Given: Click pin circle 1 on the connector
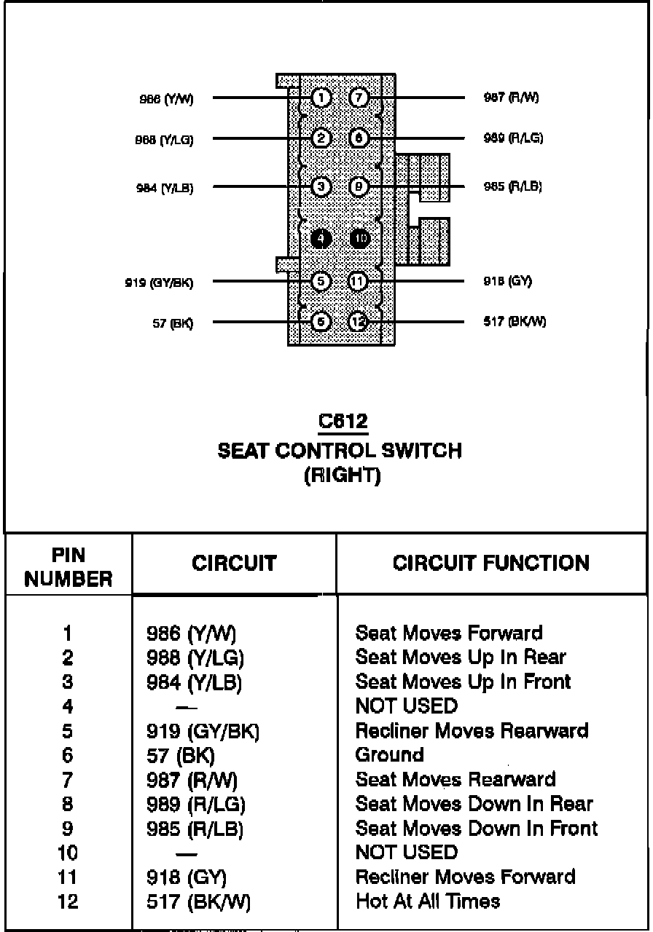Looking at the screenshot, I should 321,98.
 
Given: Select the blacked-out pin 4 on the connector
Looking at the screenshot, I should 321,238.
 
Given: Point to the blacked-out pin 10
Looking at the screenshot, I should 360,238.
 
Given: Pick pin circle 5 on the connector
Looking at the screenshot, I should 321,281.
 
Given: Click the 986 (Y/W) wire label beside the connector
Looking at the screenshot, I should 166,99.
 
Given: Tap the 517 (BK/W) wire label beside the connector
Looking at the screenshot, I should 515,322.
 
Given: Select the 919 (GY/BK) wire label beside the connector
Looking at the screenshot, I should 159,283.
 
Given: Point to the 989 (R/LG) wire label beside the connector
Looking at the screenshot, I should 513,138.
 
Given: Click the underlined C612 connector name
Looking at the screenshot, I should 343,422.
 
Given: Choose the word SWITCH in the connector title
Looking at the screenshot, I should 425,451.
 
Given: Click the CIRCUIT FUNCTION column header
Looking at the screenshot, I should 491,563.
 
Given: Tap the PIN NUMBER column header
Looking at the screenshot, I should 68,567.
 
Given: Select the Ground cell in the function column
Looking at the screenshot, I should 389,755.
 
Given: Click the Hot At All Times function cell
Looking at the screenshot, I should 428,901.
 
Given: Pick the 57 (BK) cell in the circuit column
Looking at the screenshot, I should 181,756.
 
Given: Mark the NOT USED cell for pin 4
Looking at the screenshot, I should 407,706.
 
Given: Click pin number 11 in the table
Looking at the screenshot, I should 68,877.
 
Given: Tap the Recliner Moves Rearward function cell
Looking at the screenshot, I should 472,730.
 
